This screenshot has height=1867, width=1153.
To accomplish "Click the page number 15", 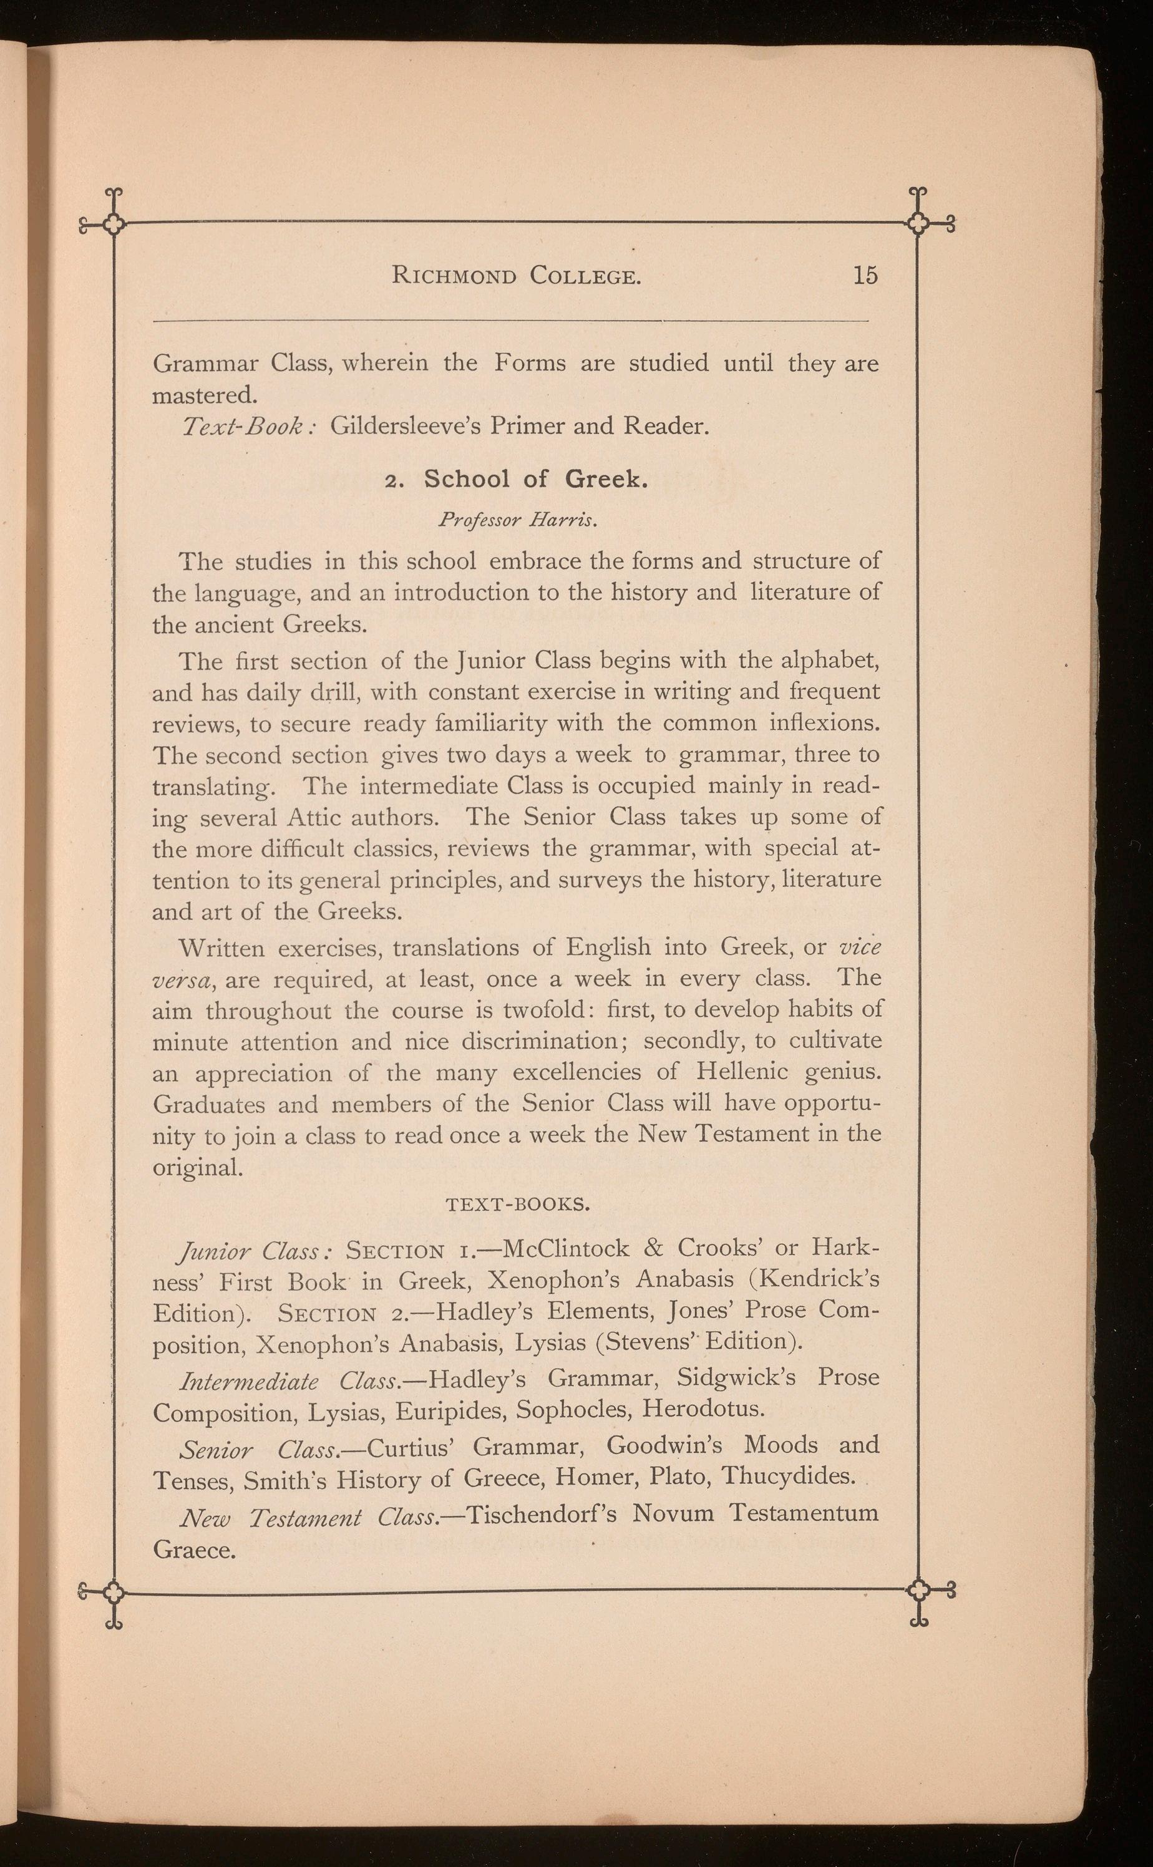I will coord(865,275).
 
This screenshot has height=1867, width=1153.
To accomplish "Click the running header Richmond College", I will coord(516,275).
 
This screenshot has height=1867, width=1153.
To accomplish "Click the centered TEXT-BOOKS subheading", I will coord(516,1205).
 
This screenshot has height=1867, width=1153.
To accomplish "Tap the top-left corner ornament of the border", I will coord(114,223).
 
